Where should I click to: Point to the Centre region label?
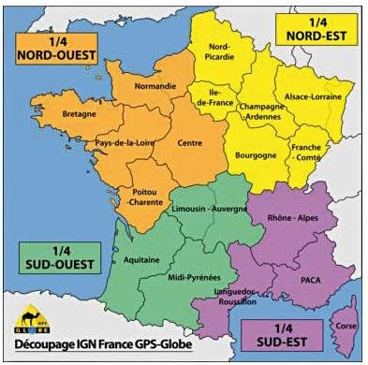pos(189,145)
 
